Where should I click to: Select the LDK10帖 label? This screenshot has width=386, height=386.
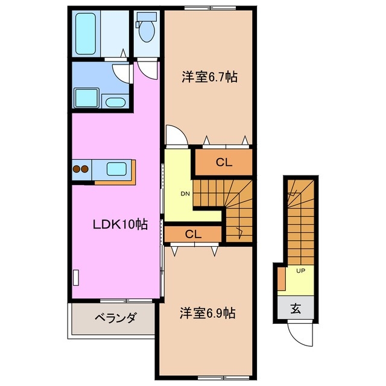(x=120, y=225)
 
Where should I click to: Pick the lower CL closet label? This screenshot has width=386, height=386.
(x=193, y=233)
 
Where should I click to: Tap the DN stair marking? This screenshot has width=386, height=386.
(x=185, y=194)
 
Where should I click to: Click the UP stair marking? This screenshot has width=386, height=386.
(x=300, y=271)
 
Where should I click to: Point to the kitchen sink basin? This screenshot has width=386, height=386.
(x=116, y=169)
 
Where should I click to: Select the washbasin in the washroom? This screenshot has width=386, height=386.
(x=113, y=101)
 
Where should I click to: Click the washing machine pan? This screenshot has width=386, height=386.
(x=86, y=97)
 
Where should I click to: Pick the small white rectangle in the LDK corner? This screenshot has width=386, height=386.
(x=76, y=278)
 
